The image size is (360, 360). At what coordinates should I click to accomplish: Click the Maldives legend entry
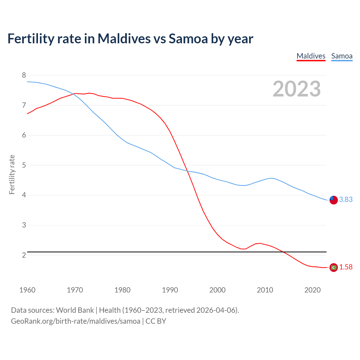311,56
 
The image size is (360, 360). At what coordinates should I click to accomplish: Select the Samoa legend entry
342,56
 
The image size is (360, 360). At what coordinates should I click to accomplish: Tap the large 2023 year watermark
297,89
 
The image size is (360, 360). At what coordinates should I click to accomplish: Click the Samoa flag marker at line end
334,200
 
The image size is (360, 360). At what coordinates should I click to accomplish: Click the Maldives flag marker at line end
334,267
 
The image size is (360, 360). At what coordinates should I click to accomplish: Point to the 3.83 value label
346,199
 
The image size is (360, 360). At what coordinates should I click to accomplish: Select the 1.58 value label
346,267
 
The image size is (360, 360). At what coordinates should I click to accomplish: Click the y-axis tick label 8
24,75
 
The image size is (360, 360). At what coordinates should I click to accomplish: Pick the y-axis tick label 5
24,165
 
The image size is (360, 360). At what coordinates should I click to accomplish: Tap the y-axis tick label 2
24,255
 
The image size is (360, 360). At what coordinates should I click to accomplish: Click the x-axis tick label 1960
27,290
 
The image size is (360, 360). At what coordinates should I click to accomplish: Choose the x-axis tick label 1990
170,290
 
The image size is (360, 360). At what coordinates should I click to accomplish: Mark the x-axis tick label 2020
312,290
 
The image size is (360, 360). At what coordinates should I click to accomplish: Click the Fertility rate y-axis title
12,174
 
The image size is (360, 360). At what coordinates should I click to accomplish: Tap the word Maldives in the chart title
124,39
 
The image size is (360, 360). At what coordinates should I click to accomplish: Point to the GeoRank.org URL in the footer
75,321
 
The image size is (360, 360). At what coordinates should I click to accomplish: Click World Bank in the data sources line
75,310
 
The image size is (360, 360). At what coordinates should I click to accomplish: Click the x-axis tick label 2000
217,290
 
